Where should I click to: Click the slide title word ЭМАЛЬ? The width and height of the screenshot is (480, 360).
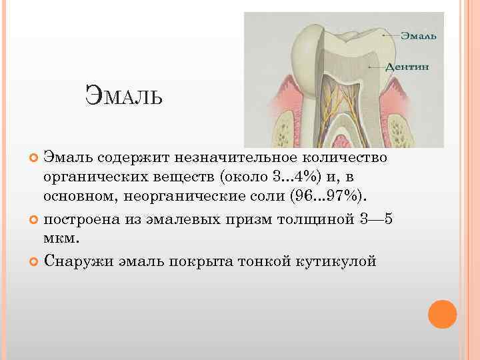(124, 98)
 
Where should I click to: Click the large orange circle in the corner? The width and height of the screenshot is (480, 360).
(442, 314)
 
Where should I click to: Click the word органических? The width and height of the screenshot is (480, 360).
(86, 178)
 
